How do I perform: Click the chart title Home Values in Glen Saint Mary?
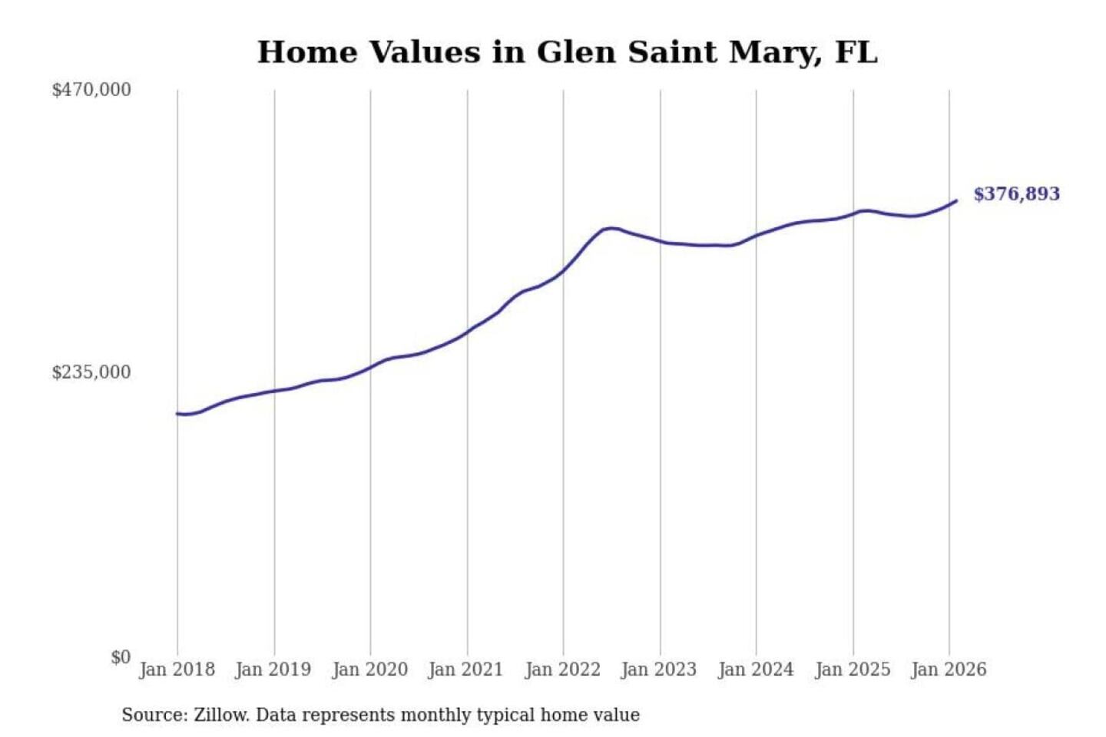tap(567, 52)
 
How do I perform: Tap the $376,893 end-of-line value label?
tap(1016, 194)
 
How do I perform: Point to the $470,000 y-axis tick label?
tap(91, 90)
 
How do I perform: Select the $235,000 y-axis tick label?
tap(91, 372)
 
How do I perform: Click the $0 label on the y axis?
tap(121, 657)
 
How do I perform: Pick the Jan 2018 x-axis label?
tap(177, 669)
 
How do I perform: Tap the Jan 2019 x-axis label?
tap(273, 669)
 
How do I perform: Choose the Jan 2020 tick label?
tap(369, 669)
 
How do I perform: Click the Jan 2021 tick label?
tap(465, 669)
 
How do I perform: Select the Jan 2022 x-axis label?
tap(562, 669)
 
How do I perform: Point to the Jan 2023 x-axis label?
tap(658, 669)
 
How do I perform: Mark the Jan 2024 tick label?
tap(755, 669)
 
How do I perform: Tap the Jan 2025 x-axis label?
tap(852, 669)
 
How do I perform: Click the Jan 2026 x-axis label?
tap(949, 669)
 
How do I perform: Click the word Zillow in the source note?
tap(220, 716)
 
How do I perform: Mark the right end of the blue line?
tap(956, 201)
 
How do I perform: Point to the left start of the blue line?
tap(177, 414)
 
